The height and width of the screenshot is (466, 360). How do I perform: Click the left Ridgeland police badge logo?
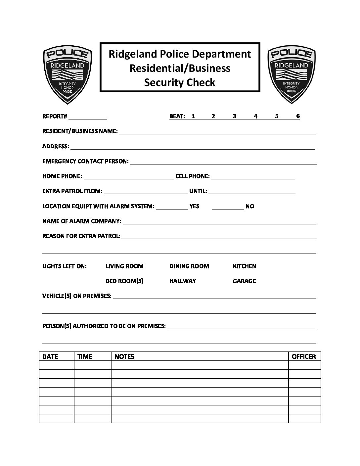(x=67, y=74)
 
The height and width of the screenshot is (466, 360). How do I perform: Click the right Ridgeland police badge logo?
(x=292, y=74)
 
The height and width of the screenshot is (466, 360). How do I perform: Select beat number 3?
(x=235, y=116)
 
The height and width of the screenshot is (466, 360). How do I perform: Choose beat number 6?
(x=298, y=116)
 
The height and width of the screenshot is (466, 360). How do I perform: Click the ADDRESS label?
(x=56, y=146)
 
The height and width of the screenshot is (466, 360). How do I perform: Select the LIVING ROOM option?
(x=124, y=266)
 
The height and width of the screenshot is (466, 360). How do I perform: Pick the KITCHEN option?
(x=244, y=266)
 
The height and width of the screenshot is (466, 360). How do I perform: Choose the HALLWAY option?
(x=183, y=281)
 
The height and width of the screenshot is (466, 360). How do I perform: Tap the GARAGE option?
(x=244, y=281)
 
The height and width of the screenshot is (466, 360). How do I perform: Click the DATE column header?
(x=50, y=356)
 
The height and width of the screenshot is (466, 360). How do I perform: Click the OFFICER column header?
(x=304, y=356)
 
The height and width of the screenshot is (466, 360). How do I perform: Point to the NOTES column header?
(x=124, y=356)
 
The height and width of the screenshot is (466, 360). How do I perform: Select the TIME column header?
(x=85, y=356)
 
